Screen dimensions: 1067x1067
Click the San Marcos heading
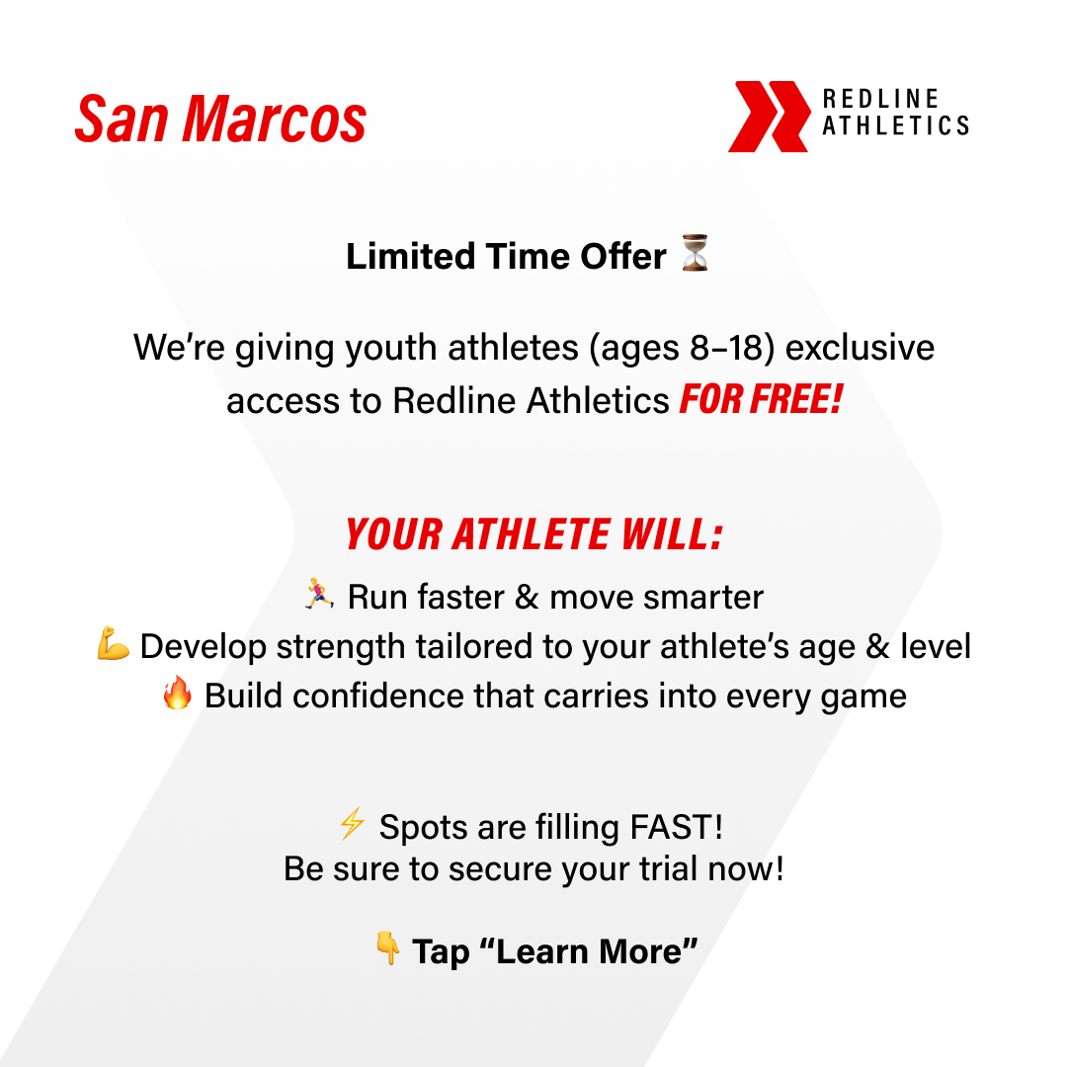click(220, 121)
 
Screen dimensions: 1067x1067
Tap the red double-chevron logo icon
click(769, 117)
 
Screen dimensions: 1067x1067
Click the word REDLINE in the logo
click(881, 100)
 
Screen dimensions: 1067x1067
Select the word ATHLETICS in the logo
click(895, 126)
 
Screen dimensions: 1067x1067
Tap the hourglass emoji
click(695, 255)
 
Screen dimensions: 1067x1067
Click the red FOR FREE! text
click(760, 401)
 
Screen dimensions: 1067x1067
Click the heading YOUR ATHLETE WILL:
click(533, 535)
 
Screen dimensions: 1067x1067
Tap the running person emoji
click(319, 595)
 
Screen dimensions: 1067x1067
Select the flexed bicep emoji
click(114, 645)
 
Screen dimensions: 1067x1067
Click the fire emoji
click(177, 695)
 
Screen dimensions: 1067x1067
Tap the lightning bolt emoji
click(352, 824)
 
